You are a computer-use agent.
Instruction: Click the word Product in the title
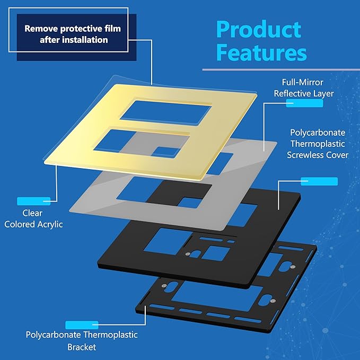click(x=259, y=29)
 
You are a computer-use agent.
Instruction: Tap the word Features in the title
click(x=261, y=53)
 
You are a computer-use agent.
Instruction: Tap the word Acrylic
click(x=49, y=224)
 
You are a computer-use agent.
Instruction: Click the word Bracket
click(x=82, y=347)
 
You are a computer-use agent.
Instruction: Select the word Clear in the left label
click(x=32, y=213)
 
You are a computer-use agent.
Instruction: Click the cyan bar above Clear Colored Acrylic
click(x=33, y=201)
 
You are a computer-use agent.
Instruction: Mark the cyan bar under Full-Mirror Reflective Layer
click(x=304, y=104)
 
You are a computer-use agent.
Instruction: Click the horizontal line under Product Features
click(x=281, y=69)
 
